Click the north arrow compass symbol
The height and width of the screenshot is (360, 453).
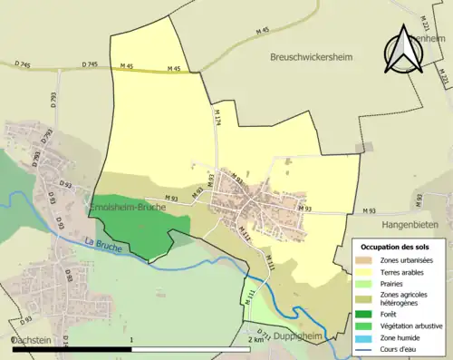[405, 52]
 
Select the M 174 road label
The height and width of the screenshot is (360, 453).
[217, 116]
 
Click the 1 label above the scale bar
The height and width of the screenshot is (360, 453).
[133, 340]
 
